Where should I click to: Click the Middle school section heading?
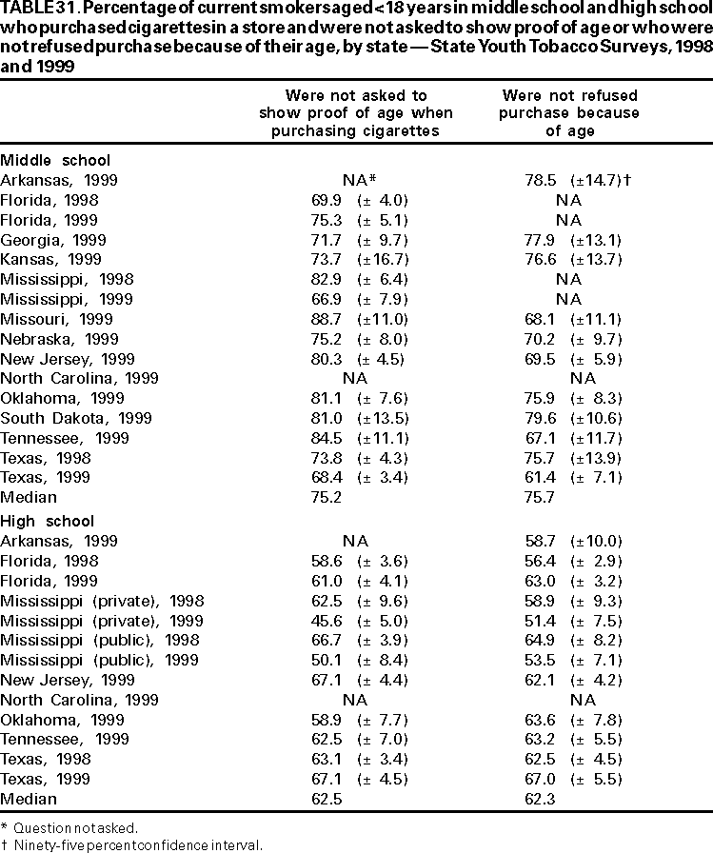(55, 160)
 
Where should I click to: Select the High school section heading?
(48, 521)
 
